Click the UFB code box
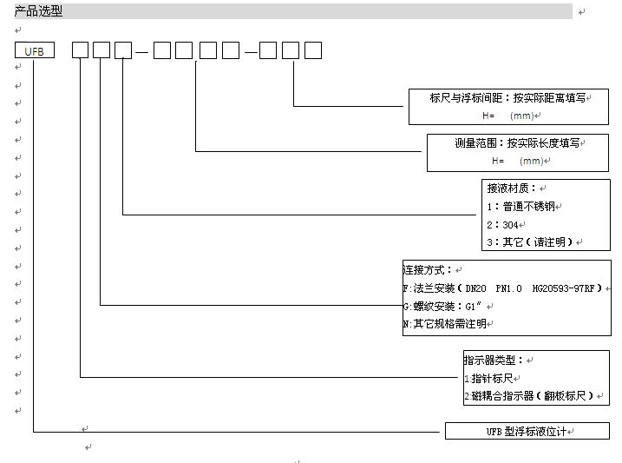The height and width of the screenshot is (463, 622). tap(35, 50)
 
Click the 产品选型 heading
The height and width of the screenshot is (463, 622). tap(38, 10)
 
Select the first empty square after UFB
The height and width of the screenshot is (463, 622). tap(80, 50)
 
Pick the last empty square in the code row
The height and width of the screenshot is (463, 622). tap(313, 50)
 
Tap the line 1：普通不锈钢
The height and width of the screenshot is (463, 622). tap(521, 207)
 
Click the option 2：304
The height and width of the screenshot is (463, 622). tap(502, 225)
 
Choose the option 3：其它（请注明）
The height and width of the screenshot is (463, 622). tap(530, 242)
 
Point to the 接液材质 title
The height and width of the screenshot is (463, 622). tap(511, 189)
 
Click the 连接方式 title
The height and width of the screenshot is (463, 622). tap(427, 270)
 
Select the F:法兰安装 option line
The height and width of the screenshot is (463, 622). tap(502, 288)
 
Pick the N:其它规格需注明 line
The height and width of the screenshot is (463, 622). tap(445, 324)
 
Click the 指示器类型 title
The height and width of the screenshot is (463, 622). tap(494, 360)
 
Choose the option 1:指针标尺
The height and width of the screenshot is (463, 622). tap(488, 379)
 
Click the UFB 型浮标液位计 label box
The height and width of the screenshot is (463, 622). tap(527, 431)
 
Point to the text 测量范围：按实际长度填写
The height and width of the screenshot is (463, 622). tap(517, 143)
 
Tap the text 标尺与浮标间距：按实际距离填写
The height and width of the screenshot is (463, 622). tap(507, 97)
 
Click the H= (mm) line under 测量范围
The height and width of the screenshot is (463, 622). tap(518, 161)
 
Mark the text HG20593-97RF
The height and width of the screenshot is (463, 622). tap(563, 288)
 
